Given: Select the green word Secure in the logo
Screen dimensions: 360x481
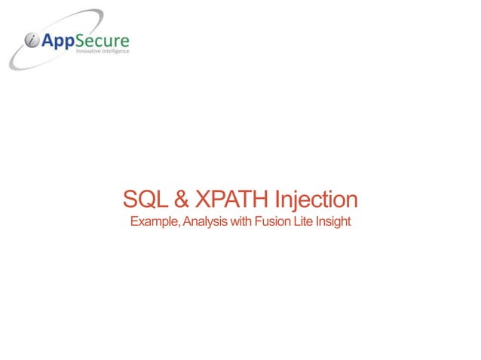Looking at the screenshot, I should click(103, 40).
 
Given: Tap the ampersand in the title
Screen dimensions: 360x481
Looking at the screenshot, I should click(182, 200).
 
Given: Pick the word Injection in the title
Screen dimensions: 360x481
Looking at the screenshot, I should click(316, 200).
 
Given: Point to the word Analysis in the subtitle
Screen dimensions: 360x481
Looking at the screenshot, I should click(202, 222).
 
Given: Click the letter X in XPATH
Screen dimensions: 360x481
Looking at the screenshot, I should click(203, 200).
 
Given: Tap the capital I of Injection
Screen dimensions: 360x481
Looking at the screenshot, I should click(277, 200).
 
